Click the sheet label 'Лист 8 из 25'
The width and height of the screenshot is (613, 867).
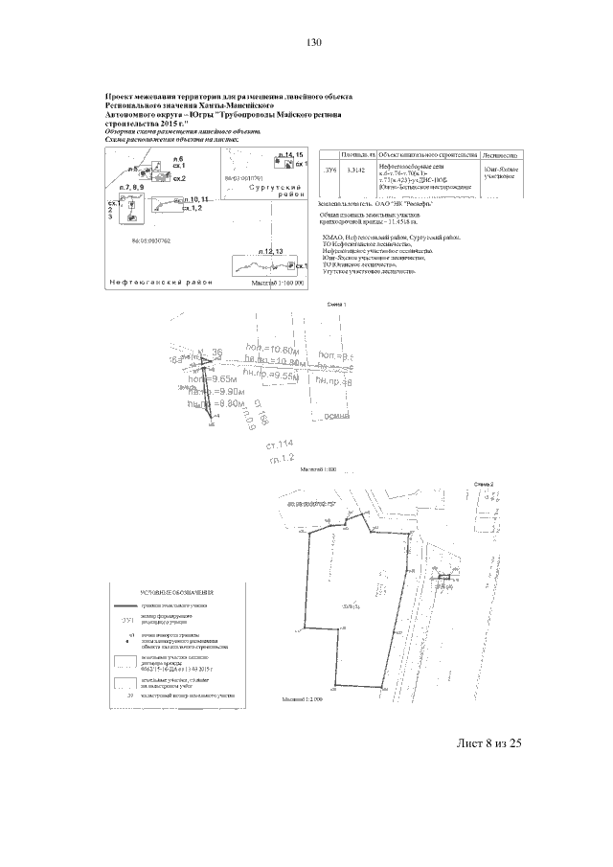tap(489, 742)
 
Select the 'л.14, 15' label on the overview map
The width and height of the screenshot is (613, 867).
tap(288, 154)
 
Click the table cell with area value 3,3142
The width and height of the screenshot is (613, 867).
tap(357, 170)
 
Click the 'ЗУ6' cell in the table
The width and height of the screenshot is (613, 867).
tap(331, 170)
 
